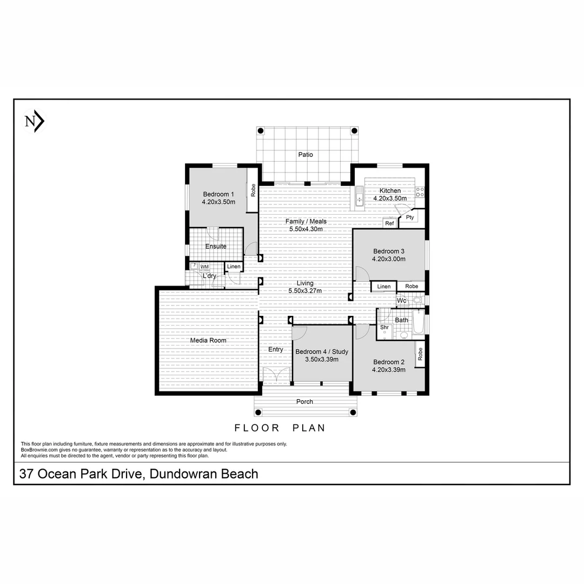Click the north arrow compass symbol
tap(35, 122)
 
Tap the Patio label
tap(306, 155)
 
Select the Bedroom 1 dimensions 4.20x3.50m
tap(218, 202)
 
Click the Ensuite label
tap(216, 247)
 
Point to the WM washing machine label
tap(204, 267)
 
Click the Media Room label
tap(208, 340)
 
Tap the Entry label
tap(276, 349)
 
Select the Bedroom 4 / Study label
tap(322, 351)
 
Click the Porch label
tap(305, 401)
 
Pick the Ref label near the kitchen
tap(389, 223)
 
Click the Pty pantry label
tap(410, 217)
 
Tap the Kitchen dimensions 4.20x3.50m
tap(390, 198)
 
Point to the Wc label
tap(401, 300)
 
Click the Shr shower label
tap(384, 327)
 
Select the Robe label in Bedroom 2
tap(420, 354)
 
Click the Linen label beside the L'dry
tap(234, 267)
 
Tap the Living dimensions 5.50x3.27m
tap(306, 290)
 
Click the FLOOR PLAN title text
tap(280, 428)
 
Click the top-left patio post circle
tap(261, 131)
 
